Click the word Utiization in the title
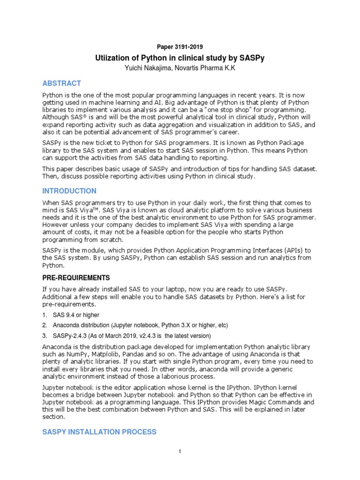click(x=113, y=58)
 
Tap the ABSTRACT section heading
click(x=62, y=83)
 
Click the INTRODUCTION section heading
click(x=69, y=191)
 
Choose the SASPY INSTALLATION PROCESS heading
click(x=99, y=431)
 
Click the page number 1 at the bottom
click(x=180, y=451)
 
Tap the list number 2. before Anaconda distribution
click(x=45, y=325)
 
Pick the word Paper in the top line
click(x=164, y=47)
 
